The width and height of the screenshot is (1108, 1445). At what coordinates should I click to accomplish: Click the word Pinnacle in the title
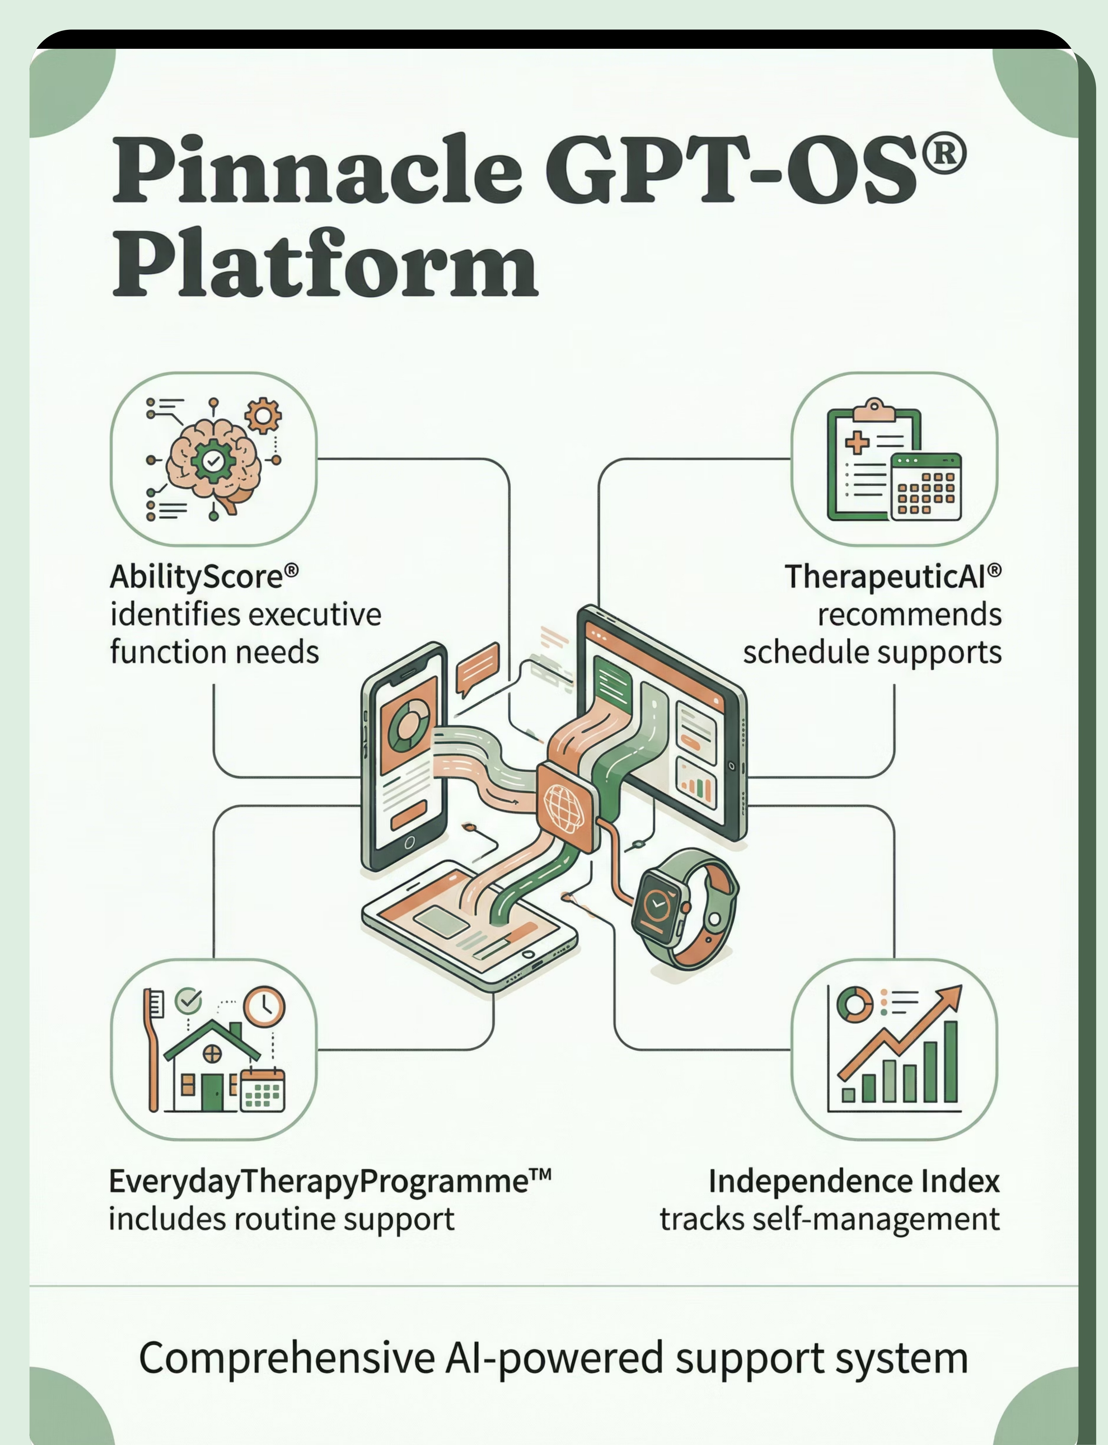tap(316, 170)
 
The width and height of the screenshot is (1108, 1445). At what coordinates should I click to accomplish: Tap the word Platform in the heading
tap(324, 264)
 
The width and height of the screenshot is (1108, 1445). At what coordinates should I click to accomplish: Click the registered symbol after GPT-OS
tap(944, 153)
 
